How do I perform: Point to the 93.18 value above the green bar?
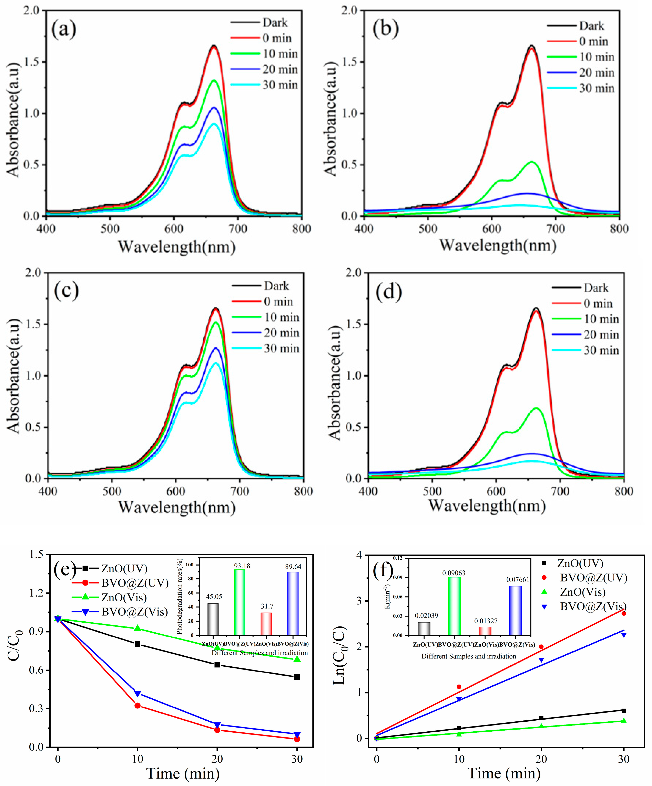point(242,566)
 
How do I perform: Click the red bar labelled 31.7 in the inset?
point(266,624)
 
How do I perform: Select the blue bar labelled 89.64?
point(293,603)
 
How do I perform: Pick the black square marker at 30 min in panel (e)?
point(297,677)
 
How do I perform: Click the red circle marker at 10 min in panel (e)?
point(137,706)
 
